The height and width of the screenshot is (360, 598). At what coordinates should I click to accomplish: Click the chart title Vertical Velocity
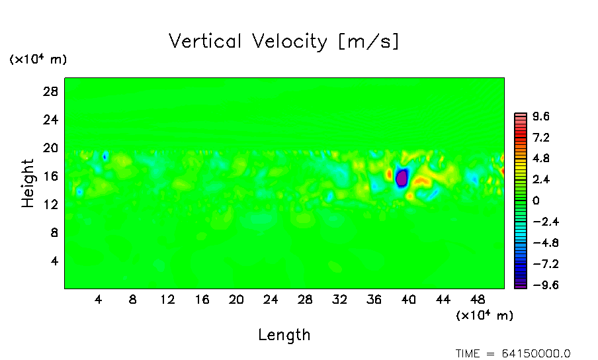tap(284, 42)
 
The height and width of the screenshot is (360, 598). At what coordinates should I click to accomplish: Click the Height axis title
tap(28, 183)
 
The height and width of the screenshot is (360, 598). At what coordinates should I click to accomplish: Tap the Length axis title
tap(284, 335)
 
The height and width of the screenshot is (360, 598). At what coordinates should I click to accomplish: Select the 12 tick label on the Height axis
tap(52, 204)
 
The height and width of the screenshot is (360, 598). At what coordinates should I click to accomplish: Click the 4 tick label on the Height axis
tap(55, 261)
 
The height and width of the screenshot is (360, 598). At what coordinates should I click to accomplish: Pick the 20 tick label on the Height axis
tap(52, 148)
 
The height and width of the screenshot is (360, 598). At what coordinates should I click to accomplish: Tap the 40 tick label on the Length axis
tap(409, 299)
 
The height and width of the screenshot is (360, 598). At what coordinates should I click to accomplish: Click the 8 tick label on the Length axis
tap(133, 299)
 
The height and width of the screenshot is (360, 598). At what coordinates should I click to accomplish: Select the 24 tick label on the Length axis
tap(271, 299)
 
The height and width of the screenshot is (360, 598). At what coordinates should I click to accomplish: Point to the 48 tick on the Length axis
tap(478, 299)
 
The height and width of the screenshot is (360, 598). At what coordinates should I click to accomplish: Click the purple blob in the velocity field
tap(402, 178)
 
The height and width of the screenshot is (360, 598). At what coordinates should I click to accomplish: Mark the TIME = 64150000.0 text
tap(513, 353)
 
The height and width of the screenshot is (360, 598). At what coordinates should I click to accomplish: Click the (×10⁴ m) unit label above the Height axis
tap(38, 60)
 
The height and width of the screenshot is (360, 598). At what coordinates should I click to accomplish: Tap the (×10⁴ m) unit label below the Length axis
tap(484, 316)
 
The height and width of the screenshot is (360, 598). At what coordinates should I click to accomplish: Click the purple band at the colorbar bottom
tap(521, 285)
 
